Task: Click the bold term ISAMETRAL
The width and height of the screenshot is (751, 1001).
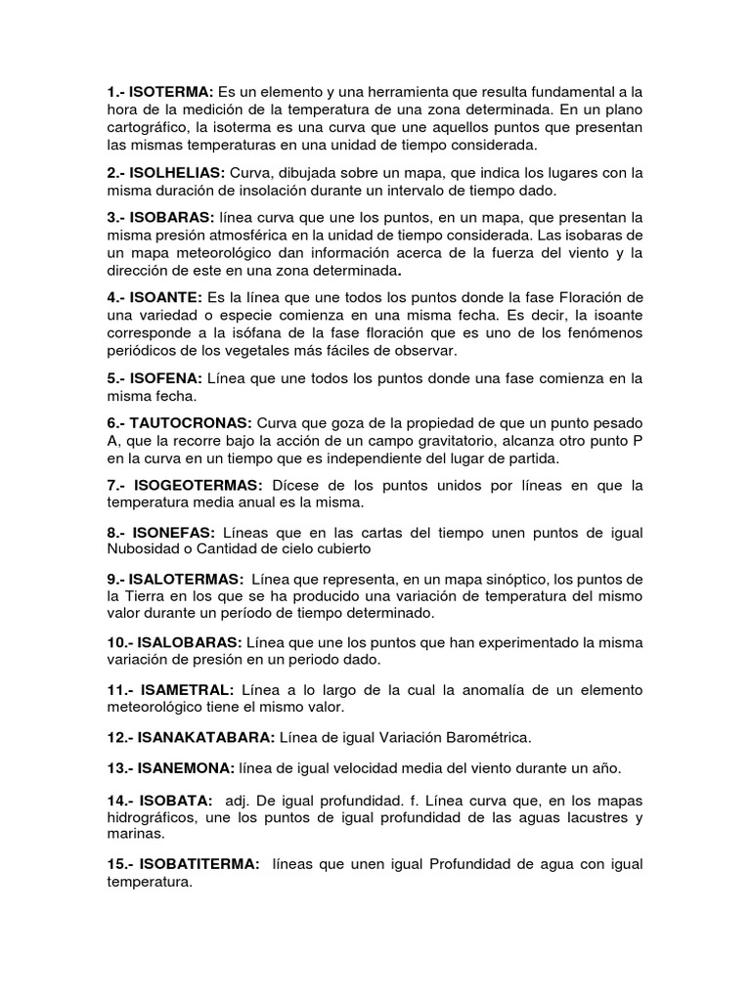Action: click(x=187, y=690)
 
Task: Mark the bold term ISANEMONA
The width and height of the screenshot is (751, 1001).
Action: click(x=192, y=769)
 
